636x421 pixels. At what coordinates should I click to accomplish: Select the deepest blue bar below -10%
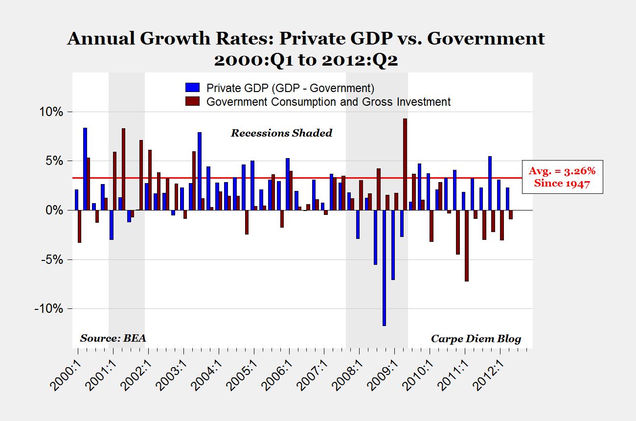pos(384,268)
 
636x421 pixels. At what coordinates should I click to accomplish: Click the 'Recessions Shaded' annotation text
pos(281,133)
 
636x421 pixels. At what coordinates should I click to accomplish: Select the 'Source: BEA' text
pos(113,338)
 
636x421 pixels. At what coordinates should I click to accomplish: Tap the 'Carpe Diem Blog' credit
pos(476,339)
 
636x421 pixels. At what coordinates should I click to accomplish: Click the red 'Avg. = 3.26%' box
pos(562,177)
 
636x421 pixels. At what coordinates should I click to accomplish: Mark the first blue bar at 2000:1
pos(76,200)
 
